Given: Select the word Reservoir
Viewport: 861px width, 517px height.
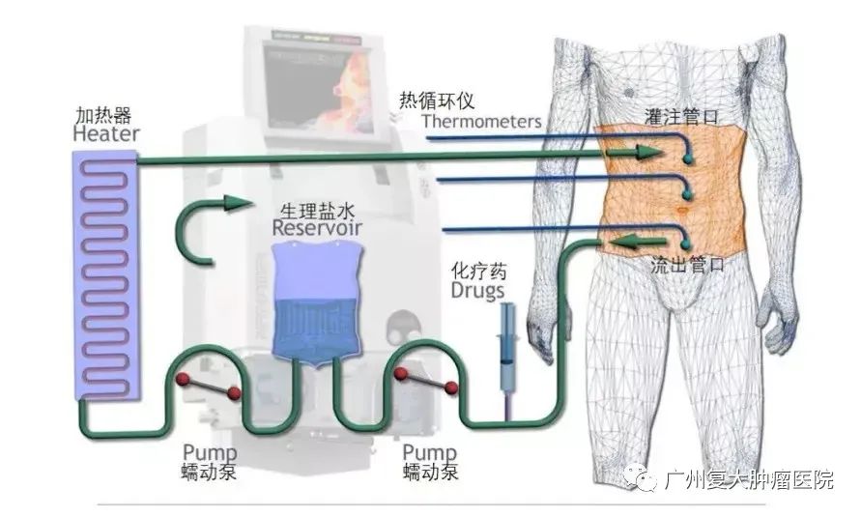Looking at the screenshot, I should [x=316, y=229].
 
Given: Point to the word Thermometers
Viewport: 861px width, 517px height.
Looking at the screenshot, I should [x=480, y=122].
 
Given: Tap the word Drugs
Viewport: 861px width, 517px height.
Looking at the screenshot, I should [x=477, y=288].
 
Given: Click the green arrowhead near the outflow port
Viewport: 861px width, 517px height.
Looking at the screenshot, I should [x=628, y=241].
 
